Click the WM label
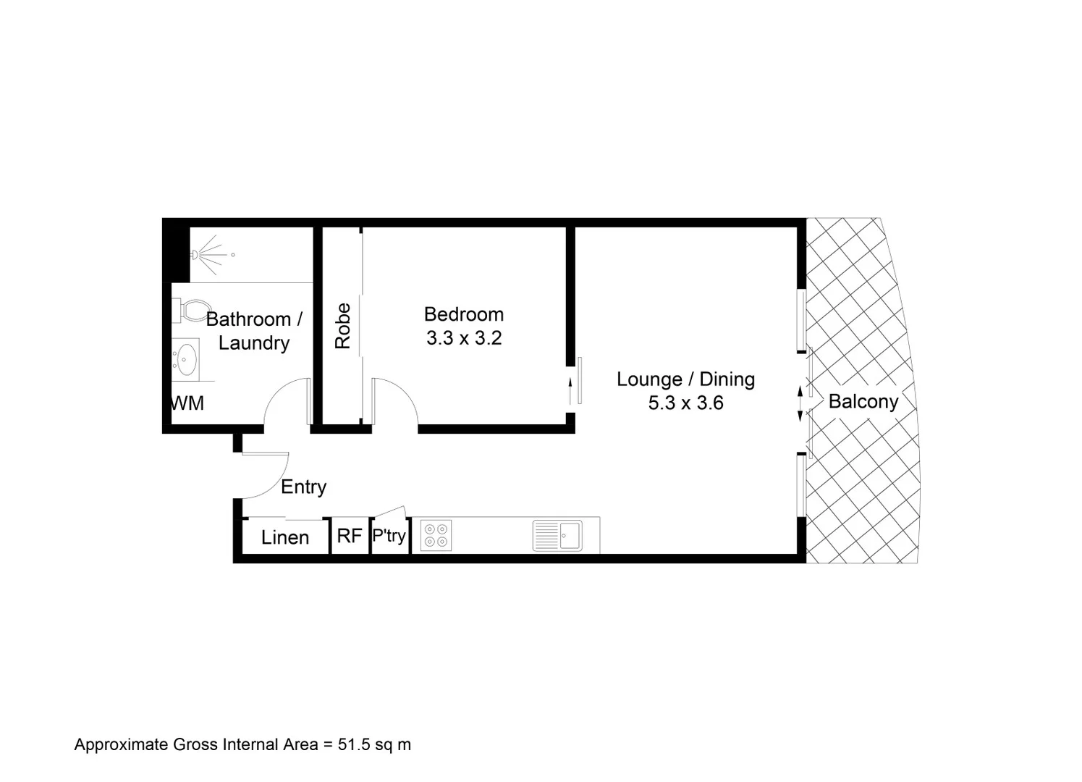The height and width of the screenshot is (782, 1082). click(x=187, y=403)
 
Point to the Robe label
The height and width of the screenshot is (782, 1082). click(x=343, y=326)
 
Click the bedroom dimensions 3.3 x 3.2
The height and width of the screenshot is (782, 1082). click(x=464, y=338)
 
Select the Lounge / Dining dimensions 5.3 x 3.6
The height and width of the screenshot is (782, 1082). click(x=685, y=403)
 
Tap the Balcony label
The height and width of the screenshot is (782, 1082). click(x=863, y=402)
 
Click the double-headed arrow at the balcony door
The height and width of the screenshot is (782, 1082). click(x=800, y=403)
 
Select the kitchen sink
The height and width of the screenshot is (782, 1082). click(x=557, y=536)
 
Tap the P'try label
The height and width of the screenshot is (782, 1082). click(x=389, y=537)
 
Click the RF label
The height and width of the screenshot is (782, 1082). click(x=350, y=537)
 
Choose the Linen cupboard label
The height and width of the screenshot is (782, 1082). click(x=285, y=538)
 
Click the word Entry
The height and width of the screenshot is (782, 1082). click(x=303, y=487)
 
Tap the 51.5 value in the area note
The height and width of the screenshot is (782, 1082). click(x=354, y=744)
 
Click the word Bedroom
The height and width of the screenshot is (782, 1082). click(x=464, y=314)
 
